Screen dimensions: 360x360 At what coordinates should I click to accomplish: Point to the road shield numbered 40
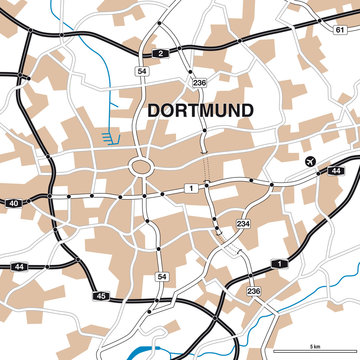click(x=12, y=204)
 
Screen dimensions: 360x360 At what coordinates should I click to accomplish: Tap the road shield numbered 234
click(x=243, y=226)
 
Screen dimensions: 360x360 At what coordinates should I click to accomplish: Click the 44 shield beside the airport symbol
click(x=335, y=172)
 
